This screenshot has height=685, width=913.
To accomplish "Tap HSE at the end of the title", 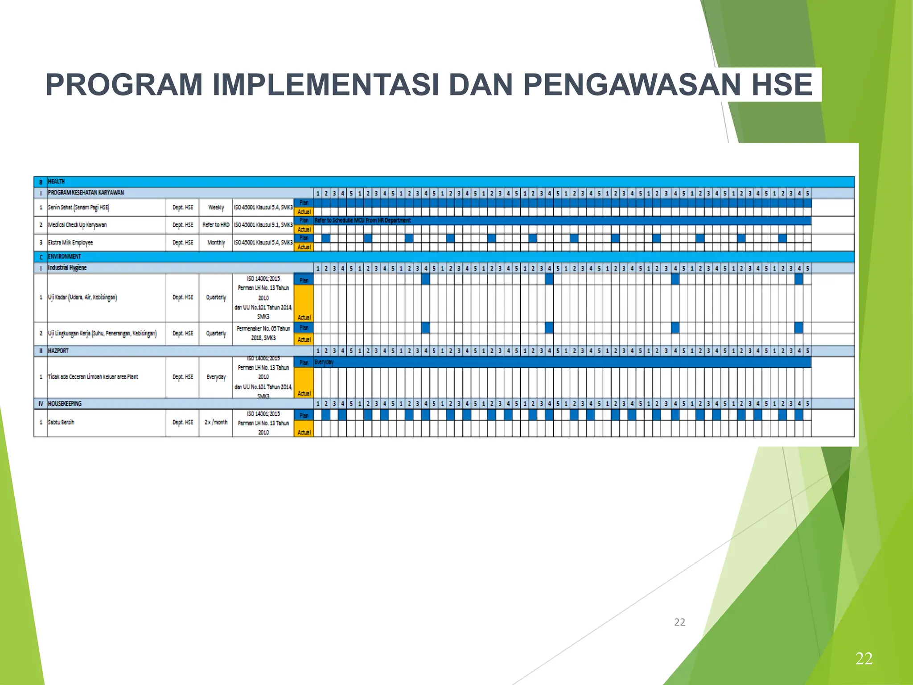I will click(782, 85).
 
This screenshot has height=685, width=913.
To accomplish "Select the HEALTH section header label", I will click(56, 182).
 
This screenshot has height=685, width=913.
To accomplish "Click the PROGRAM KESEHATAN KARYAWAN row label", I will click(86, 193).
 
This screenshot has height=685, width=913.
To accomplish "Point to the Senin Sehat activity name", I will click(78, 207).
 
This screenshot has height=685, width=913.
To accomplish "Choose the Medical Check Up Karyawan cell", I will click(77, 225).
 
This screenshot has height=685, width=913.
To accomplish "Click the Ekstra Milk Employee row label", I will click(70, 243).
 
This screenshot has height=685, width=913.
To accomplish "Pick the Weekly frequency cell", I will click(216, 207).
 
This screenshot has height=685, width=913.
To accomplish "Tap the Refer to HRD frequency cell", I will click(216, 225).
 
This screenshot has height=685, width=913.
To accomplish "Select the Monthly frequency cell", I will click(216, 243).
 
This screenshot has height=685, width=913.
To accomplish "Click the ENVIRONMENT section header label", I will click(64, 256).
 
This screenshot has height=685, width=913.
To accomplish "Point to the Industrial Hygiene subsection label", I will click(67, 268).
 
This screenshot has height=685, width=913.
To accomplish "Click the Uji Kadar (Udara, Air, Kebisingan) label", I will click(82, 297).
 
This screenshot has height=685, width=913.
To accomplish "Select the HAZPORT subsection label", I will click(58, 351).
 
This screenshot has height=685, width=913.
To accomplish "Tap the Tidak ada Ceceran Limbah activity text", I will click(93, 377).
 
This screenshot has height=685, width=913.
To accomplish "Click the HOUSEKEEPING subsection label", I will click(65, 404).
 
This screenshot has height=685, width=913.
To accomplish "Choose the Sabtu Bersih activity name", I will click(61, 422).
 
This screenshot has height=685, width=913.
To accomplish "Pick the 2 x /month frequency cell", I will click(216, 422).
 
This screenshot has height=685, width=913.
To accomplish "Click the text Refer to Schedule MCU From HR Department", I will click(362, 220).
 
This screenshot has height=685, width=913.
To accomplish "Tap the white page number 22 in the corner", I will click(864, 659).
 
